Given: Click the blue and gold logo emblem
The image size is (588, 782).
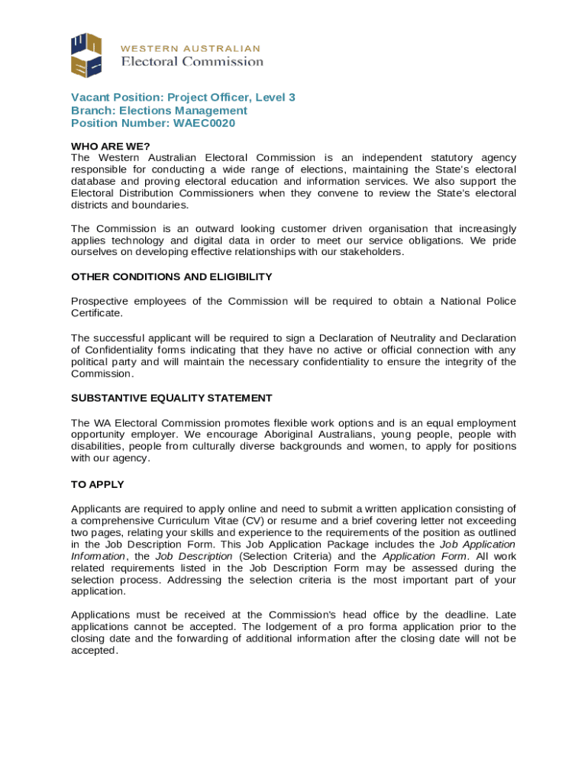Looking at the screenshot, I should tap(86, 55).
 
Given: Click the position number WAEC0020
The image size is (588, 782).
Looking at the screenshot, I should tap(205, 123).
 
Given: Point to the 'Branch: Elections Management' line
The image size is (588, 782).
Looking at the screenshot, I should tap(159, 110).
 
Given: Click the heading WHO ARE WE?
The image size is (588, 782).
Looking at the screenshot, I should tap(111, 146).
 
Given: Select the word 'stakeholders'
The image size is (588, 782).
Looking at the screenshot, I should tap(370, 252).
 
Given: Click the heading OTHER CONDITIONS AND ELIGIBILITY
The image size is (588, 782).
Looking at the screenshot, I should tap(172, 276).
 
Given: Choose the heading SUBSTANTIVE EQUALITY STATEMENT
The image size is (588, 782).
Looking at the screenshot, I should tap(172, 398).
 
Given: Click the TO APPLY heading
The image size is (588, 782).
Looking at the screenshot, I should tap(98, 484).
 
